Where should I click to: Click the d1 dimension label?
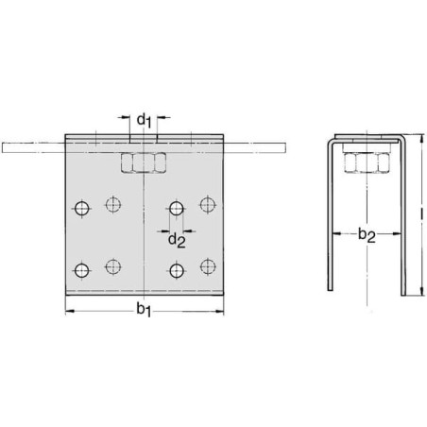pyautogui.click(x=144, y=121)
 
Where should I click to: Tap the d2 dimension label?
pyautogui.click(x=177, y=241)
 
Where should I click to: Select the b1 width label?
pyautogui.click(x=144, y=310)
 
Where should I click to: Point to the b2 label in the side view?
pyautogui.click(x=367, y=236)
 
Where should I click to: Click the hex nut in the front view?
pyautogui.click(x=144, y=162)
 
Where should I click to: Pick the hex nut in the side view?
pyautogui.click(x=367, y=162)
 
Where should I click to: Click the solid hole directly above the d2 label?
pyautogui.click(x=177, y=208)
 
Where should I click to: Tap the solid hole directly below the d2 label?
pyautogui.click(x=177, y=270)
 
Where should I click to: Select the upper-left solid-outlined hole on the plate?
pyautogui.click(x=82, y=208)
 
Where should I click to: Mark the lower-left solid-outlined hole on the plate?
pyautogui.click(x=82, y=270)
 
